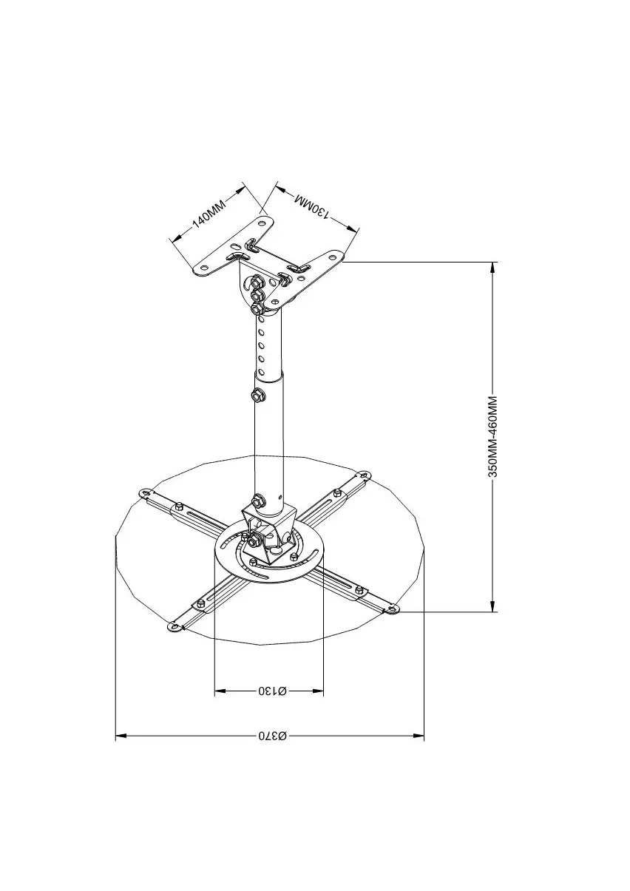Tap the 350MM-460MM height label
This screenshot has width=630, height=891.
click(x=493, y=437)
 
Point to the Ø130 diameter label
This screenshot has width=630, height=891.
click(x=271, y=691)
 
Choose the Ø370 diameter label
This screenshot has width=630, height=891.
click(x=271, y=736)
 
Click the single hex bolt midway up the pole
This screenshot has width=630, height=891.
click(x=258, y=394)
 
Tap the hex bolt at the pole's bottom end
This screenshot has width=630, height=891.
click(x=258, y=501)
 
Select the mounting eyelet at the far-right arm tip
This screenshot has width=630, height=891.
click(x=392, y=609)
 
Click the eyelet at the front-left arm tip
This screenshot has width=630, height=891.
click(x=175, y=628)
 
